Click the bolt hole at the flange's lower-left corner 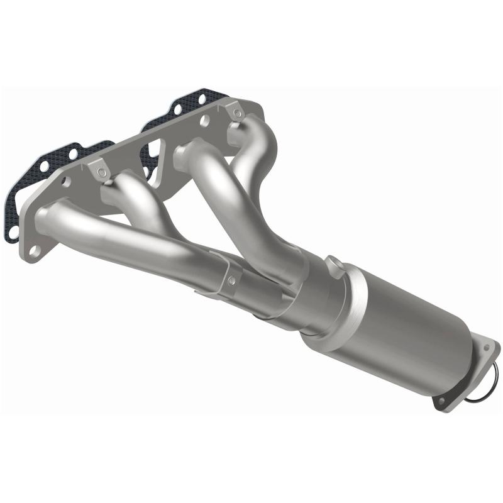pyautogui.click(x=35, y=250)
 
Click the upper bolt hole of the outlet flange pyautogui.click(x=485, y=345)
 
